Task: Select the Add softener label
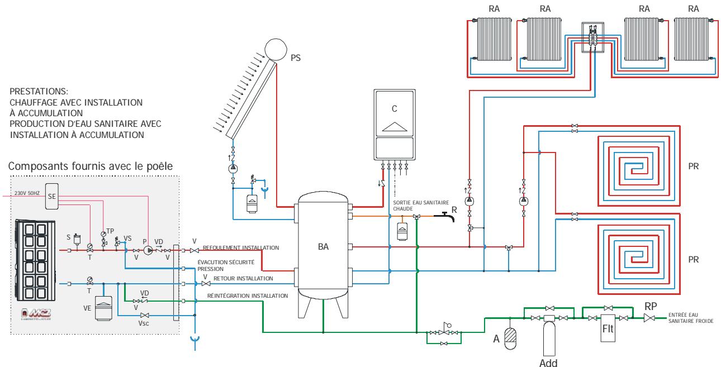548,361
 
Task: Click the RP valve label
651,306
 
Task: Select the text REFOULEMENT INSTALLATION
240,247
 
